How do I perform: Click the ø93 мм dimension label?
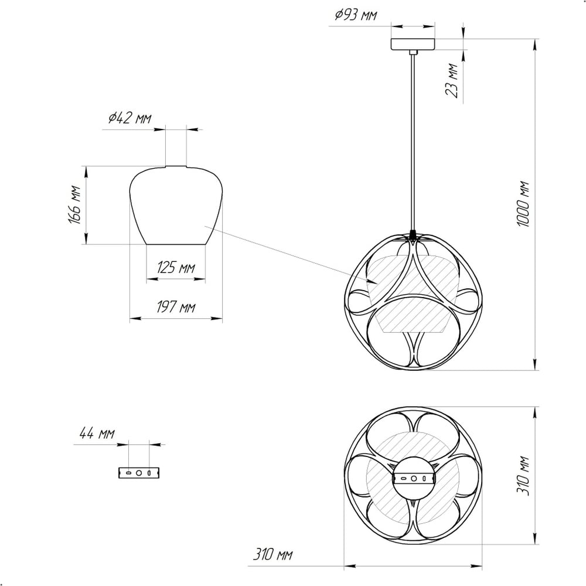point(356,15)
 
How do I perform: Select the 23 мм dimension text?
point(452,81)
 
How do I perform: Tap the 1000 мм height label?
point(523,204)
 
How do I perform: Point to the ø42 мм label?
point(130,118)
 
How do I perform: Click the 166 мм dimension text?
point(75,205)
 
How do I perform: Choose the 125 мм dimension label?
point(176,268)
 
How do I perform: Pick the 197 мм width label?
point(176,307)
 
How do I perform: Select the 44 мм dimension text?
point(97,434)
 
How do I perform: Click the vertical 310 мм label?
point(523,476)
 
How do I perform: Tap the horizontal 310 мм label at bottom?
point(273,554)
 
